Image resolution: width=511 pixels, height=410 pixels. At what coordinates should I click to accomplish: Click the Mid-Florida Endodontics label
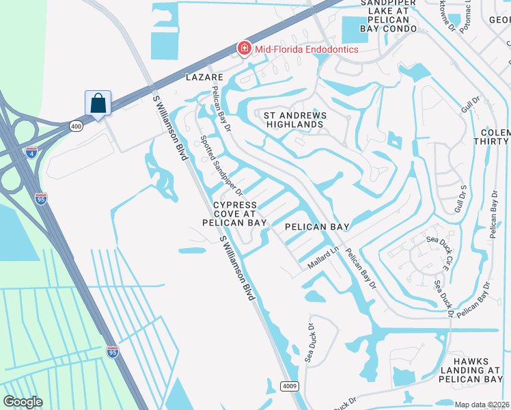(307, 49)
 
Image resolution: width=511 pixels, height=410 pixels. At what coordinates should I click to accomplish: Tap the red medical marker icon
(243, 48)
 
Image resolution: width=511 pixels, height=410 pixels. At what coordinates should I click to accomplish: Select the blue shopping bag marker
(98, 104)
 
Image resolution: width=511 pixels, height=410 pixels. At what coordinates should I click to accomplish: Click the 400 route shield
(74, 126)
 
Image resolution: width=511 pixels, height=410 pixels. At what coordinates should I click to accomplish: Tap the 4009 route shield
(290, 387)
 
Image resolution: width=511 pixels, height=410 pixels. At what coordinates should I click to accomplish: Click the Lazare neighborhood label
(205, 78)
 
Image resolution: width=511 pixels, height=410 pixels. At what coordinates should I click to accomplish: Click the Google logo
(23, 402)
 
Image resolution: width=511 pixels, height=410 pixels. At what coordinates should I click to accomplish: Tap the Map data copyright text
(482, 405)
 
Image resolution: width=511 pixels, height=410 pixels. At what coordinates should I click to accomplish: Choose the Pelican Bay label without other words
(316, 227)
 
